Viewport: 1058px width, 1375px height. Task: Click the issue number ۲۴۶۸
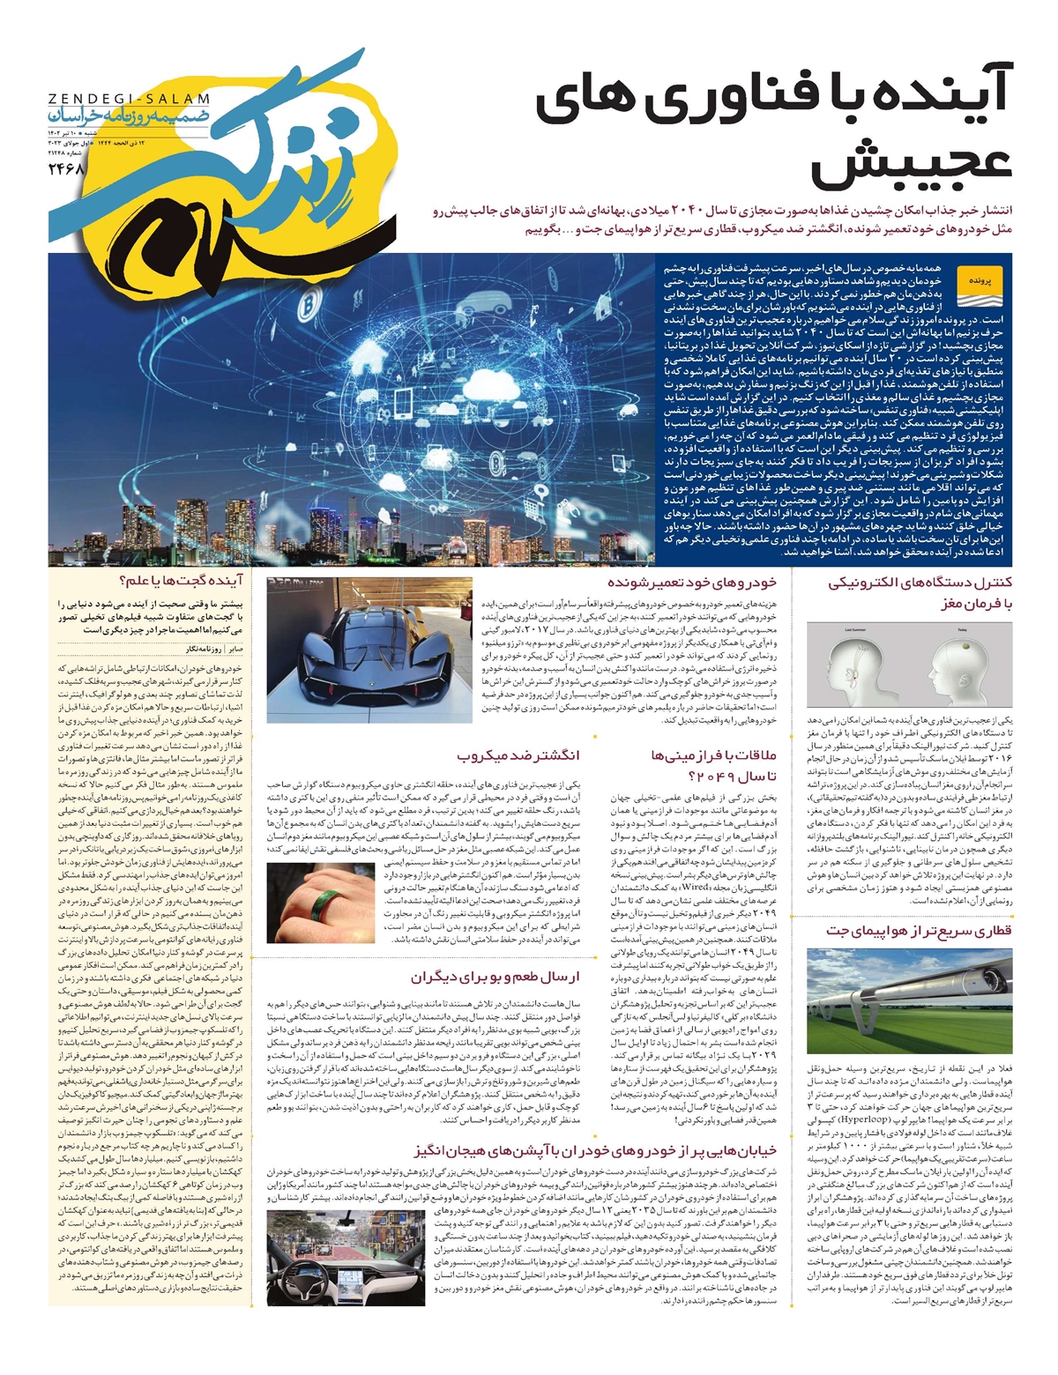(64, 167)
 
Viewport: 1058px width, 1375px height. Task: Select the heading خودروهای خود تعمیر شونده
(692, 583)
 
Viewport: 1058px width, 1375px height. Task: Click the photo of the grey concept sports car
(369, 648)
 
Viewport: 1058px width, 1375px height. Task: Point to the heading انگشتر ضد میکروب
(518, 756)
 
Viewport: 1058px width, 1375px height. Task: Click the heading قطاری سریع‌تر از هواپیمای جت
(919, 930)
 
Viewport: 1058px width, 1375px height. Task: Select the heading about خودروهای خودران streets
(596, 1150)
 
